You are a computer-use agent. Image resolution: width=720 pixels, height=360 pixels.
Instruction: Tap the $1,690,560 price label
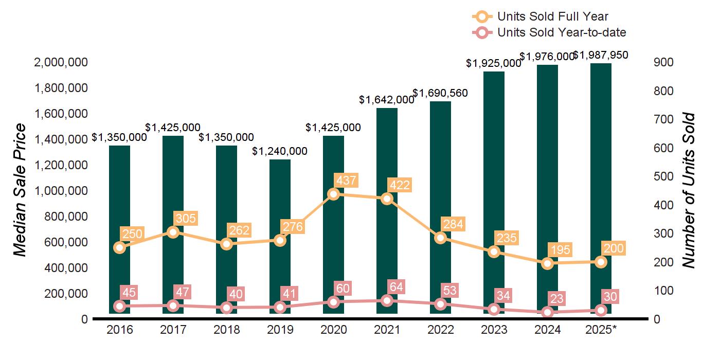click(x=440, y=93)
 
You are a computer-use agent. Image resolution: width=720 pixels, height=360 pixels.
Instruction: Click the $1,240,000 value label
click(x=280, y=151)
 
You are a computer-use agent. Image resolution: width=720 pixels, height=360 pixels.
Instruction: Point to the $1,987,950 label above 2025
click(x=601, y=55)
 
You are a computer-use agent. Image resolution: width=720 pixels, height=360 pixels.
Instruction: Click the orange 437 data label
click(x=346, y=181)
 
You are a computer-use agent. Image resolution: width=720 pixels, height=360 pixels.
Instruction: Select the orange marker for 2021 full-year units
click(x=387, y=199)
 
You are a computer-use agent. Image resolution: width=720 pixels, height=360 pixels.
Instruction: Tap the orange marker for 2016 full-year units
click(x=119, y=247)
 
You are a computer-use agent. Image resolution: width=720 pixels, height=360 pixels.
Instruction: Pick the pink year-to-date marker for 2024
click(x=547, y=312)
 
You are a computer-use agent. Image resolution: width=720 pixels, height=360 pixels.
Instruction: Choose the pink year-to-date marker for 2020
click(x=333, y=302)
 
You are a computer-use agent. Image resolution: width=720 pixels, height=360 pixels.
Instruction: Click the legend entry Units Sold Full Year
click(x=552, y=16)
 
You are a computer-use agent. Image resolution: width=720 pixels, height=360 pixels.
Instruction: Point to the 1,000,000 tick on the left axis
click(x=61, y=191)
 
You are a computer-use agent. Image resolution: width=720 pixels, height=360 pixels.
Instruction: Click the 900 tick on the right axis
click(x=663, y=62)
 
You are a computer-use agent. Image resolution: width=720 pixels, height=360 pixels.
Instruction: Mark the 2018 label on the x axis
click(x=226, y=330)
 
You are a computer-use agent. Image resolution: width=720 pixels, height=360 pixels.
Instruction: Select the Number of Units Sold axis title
click(x=689, y=190)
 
